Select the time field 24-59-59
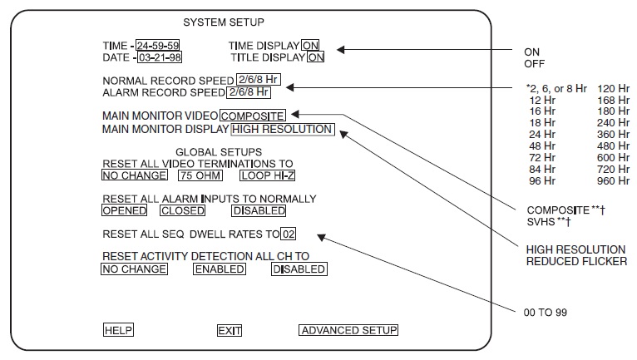[x=158, y=45]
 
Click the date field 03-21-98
[x=158, y=57]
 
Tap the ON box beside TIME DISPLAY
[x=310, y=45]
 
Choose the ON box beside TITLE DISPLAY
[x=316, y=57]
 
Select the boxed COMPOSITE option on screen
[x=253, y=116]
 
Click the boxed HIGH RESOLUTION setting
[x=282, y=129]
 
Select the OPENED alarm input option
[x=124, y=210]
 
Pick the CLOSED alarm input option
[x=182, y=210]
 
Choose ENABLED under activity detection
[x=220, y=269]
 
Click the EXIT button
[x=229, y=330]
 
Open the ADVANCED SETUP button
[x=348, y=330]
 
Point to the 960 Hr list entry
[x=612, y=180]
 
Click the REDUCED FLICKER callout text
[x=575, y=261]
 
